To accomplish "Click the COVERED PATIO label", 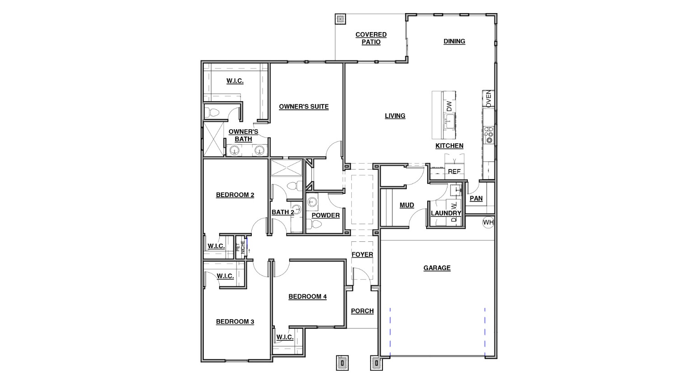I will (371, 38).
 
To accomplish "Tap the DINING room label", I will (454, 41).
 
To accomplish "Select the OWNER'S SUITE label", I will (304, 107).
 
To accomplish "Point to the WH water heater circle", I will (488, 222).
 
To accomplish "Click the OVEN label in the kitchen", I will (488, 99).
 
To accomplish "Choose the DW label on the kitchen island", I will (449, 106).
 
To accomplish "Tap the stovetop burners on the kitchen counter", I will (489, 135).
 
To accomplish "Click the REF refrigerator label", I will (454, 172).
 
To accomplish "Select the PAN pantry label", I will (476, 198).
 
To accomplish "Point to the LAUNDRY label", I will (446, 213).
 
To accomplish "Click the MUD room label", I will (407, 205).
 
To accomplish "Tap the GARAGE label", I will (437, 268).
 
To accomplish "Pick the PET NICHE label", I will (240, 247).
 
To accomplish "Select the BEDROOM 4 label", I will (307, 297).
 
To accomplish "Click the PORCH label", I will (362, 311).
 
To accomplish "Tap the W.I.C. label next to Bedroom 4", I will (285, 337).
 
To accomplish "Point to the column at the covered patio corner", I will (340, 19).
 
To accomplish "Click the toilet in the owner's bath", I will (212, 112).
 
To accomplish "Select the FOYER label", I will (362, 255).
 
